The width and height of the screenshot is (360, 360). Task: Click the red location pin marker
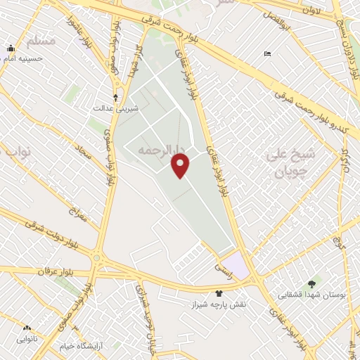click(181, 165)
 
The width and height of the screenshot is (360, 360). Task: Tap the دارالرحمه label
click(161, 149)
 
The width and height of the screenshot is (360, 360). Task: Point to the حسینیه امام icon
click(11, 49)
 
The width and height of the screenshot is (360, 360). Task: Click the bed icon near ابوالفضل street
click(266, 53)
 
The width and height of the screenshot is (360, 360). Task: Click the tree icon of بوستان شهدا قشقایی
click(311, 284)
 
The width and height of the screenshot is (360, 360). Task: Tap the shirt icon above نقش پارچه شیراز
click(219, 293)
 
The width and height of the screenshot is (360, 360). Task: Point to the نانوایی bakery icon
click(27, 328)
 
